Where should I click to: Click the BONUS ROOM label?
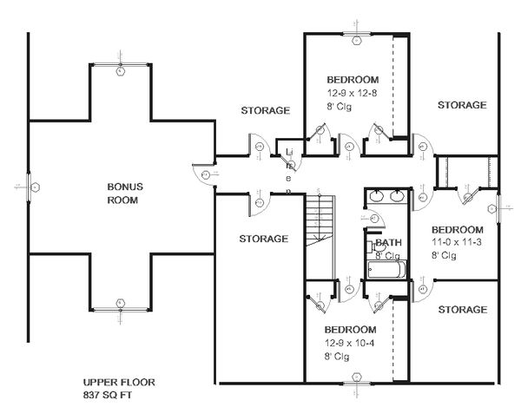(124, 193)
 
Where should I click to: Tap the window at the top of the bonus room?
(121, 69)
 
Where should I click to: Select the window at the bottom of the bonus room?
(121, 303)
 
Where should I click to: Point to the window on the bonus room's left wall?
(29, 187)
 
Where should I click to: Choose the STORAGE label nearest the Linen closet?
(265, 110)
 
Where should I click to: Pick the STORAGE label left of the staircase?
(263, 238)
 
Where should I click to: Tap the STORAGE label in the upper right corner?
(461, 105)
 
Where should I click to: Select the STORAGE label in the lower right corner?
(461, 309)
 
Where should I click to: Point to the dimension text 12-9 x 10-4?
(351, 344)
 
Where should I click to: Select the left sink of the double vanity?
(377, 196)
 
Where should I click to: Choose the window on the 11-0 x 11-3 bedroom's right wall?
(500, 207)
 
